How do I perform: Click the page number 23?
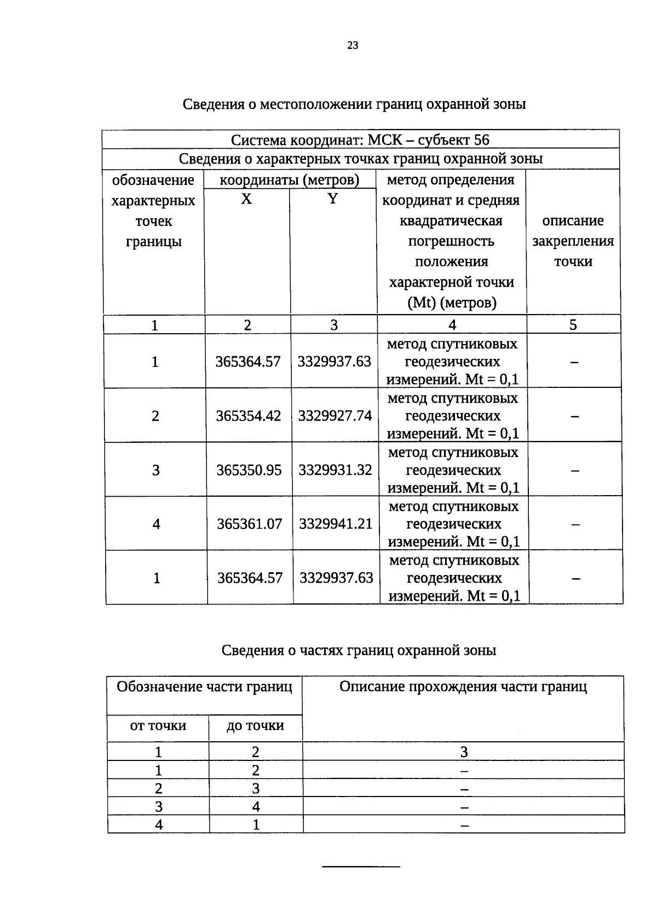coord(352,45)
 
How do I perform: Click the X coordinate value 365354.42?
coord(249,416)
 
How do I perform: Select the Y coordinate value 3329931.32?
coord(335,470)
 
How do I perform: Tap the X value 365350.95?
coord(249,470)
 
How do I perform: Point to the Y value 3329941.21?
coord(336,524)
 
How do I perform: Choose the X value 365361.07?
coord(250,524)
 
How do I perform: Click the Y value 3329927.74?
coord(335,416)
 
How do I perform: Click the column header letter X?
coord(246,199)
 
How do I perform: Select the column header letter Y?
coord(332,199)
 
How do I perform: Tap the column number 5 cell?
coord(573,325)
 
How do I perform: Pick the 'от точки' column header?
coord(158,725)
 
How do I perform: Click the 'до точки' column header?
coord(255,725)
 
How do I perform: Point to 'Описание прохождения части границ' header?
coord(463,687)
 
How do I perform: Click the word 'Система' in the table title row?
coord(259,140)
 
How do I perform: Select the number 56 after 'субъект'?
coord(482,140)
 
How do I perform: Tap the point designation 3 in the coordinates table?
coord(156,470)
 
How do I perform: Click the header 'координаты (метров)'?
coord(290,180)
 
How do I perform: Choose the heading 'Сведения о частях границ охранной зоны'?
coord(359,650)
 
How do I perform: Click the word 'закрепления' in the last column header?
coord(573,241)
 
